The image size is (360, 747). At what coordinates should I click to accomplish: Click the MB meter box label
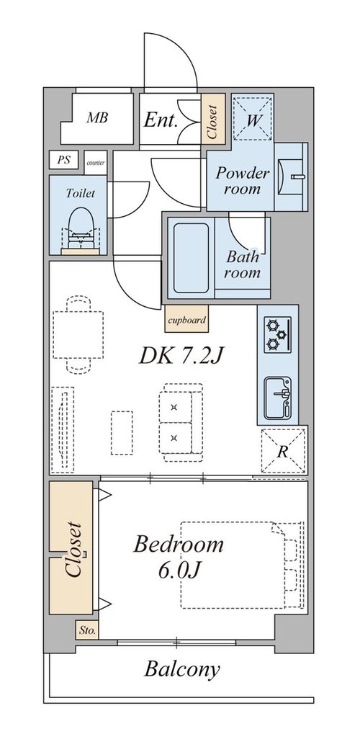[x=97, y=117]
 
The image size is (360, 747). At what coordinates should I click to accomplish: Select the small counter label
[x=95, y=163]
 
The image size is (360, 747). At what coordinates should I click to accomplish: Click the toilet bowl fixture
[x=81, y=228]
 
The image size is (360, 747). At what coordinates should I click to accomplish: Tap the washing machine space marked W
[x=253, y=118]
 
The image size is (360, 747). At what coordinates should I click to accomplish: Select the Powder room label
[x=243, y=180]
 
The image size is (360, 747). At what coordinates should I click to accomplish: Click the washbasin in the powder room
[x=291, y=176]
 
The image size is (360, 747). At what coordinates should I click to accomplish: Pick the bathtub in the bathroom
[x=191, y=258]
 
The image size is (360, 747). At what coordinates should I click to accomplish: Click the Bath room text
[x=243, y=264]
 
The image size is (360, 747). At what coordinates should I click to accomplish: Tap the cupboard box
[x=186, y=318]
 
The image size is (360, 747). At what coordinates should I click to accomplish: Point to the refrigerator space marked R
[x=283, y=451]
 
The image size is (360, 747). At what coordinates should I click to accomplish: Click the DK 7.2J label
[x=181, y=356]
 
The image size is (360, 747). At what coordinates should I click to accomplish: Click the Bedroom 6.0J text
[x=178, y=556]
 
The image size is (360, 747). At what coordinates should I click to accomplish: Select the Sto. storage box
[x=87, y=630]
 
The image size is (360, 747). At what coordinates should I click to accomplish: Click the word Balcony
[x=182, y=670]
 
